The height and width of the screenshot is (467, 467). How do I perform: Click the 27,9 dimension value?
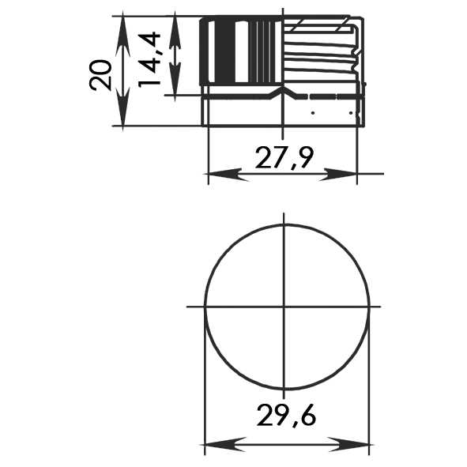tap(284, 158)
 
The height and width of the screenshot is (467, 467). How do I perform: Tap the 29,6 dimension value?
tap(286, 416)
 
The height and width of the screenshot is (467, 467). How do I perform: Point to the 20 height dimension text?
tap(100, 75)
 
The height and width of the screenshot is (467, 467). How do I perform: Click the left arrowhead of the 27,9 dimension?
tap(226, 175)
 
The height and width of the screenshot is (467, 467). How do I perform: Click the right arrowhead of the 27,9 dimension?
tap(338, 175)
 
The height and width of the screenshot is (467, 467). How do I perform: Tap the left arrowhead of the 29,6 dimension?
tap(224, 445)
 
